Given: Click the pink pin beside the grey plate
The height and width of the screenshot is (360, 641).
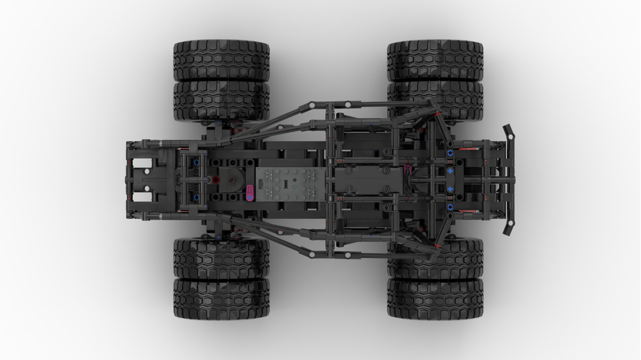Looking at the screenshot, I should click(250, 192).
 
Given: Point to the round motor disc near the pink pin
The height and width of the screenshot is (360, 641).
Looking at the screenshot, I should click(233, 182).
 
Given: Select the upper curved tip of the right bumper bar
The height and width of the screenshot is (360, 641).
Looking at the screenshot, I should click(510, 132).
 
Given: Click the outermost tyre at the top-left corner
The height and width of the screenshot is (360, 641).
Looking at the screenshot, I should click(221, 60).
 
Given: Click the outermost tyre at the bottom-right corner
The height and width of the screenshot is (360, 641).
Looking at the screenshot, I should click(435, 299).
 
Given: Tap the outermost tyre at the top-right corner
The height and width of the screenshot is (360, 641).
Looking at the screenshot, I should click(435, 60).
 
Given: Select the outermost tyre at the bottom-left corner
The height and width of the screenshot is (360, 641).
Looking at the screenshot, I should click(221, 299).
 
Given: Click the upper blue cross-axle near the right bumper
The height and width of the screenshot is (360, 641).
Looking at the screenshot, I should click(450, 154).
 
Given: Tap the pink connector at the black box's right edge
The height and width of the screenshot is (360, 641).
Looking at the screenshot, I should click(407, 170).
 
